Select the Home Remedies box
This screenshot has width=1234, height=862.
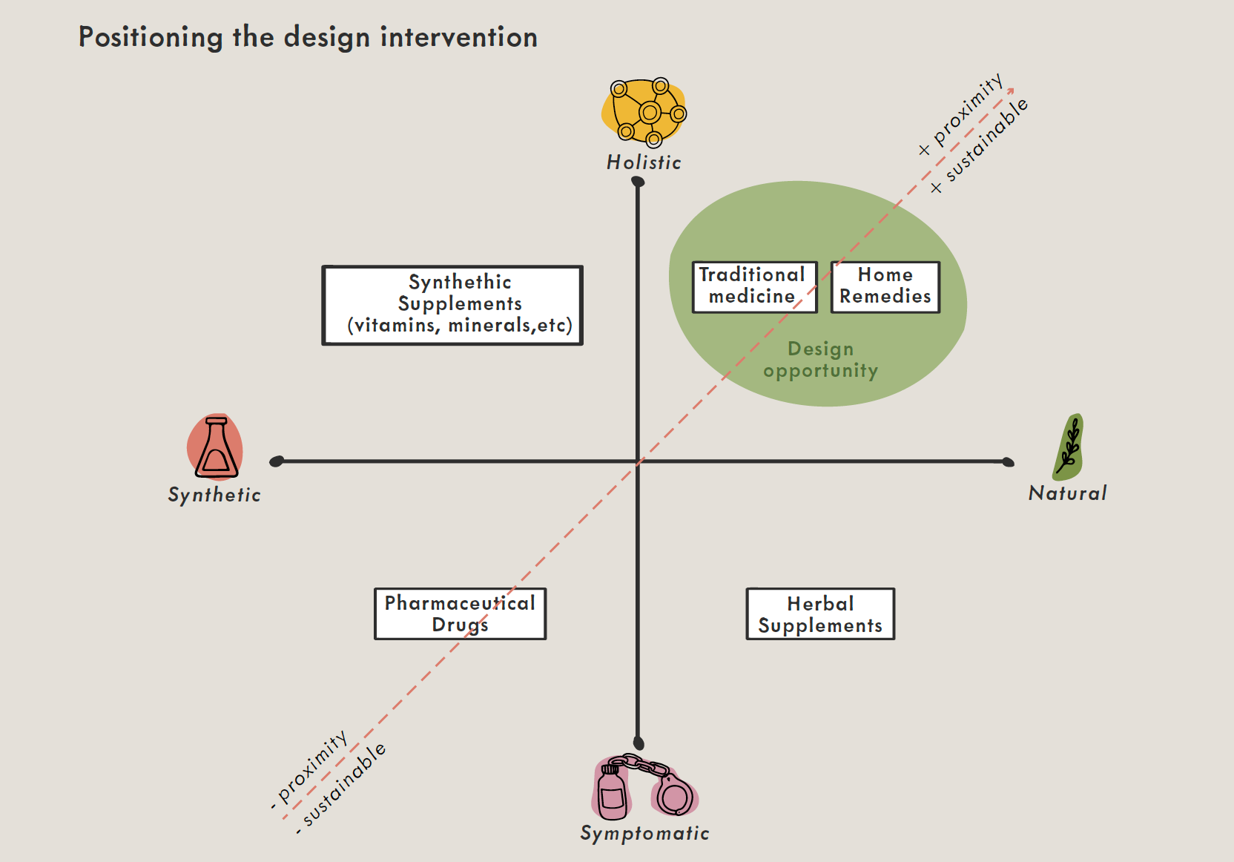click(885, 286)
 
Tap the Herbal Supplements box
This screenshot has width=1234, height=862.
click(820, 614)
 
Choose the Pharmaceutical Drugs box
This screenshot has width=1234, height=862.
click(460, 613)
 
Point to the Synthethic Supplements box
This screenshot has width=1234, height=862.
click(452, 305)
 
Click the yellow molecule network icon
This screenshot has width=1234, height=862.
click(644, 112)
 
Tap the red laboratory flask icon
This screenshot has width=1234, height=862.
click(215, 447)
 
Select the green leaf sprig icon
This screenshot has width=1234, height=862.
click(1069, 447)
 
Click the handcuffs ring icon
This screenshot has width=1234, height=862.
click(675, 797)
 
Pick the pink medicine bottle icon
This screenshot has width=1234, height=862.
click(612, 792)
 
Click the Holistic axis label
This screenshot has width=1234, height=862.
click(644, 162)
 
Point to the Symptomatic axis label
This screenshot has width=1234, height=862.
click(644, 833)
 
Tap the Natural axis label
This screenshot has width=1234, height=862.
click(1067, 493)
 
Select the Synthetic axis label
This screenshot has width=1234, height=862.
click(214, 495)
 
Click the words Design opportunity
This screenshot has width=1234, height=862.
click(820, 360)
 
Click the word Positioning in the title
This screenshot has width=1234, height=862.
click(151, 37)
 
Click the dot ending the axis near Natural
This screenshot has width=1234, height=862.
click(1008, 462)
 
